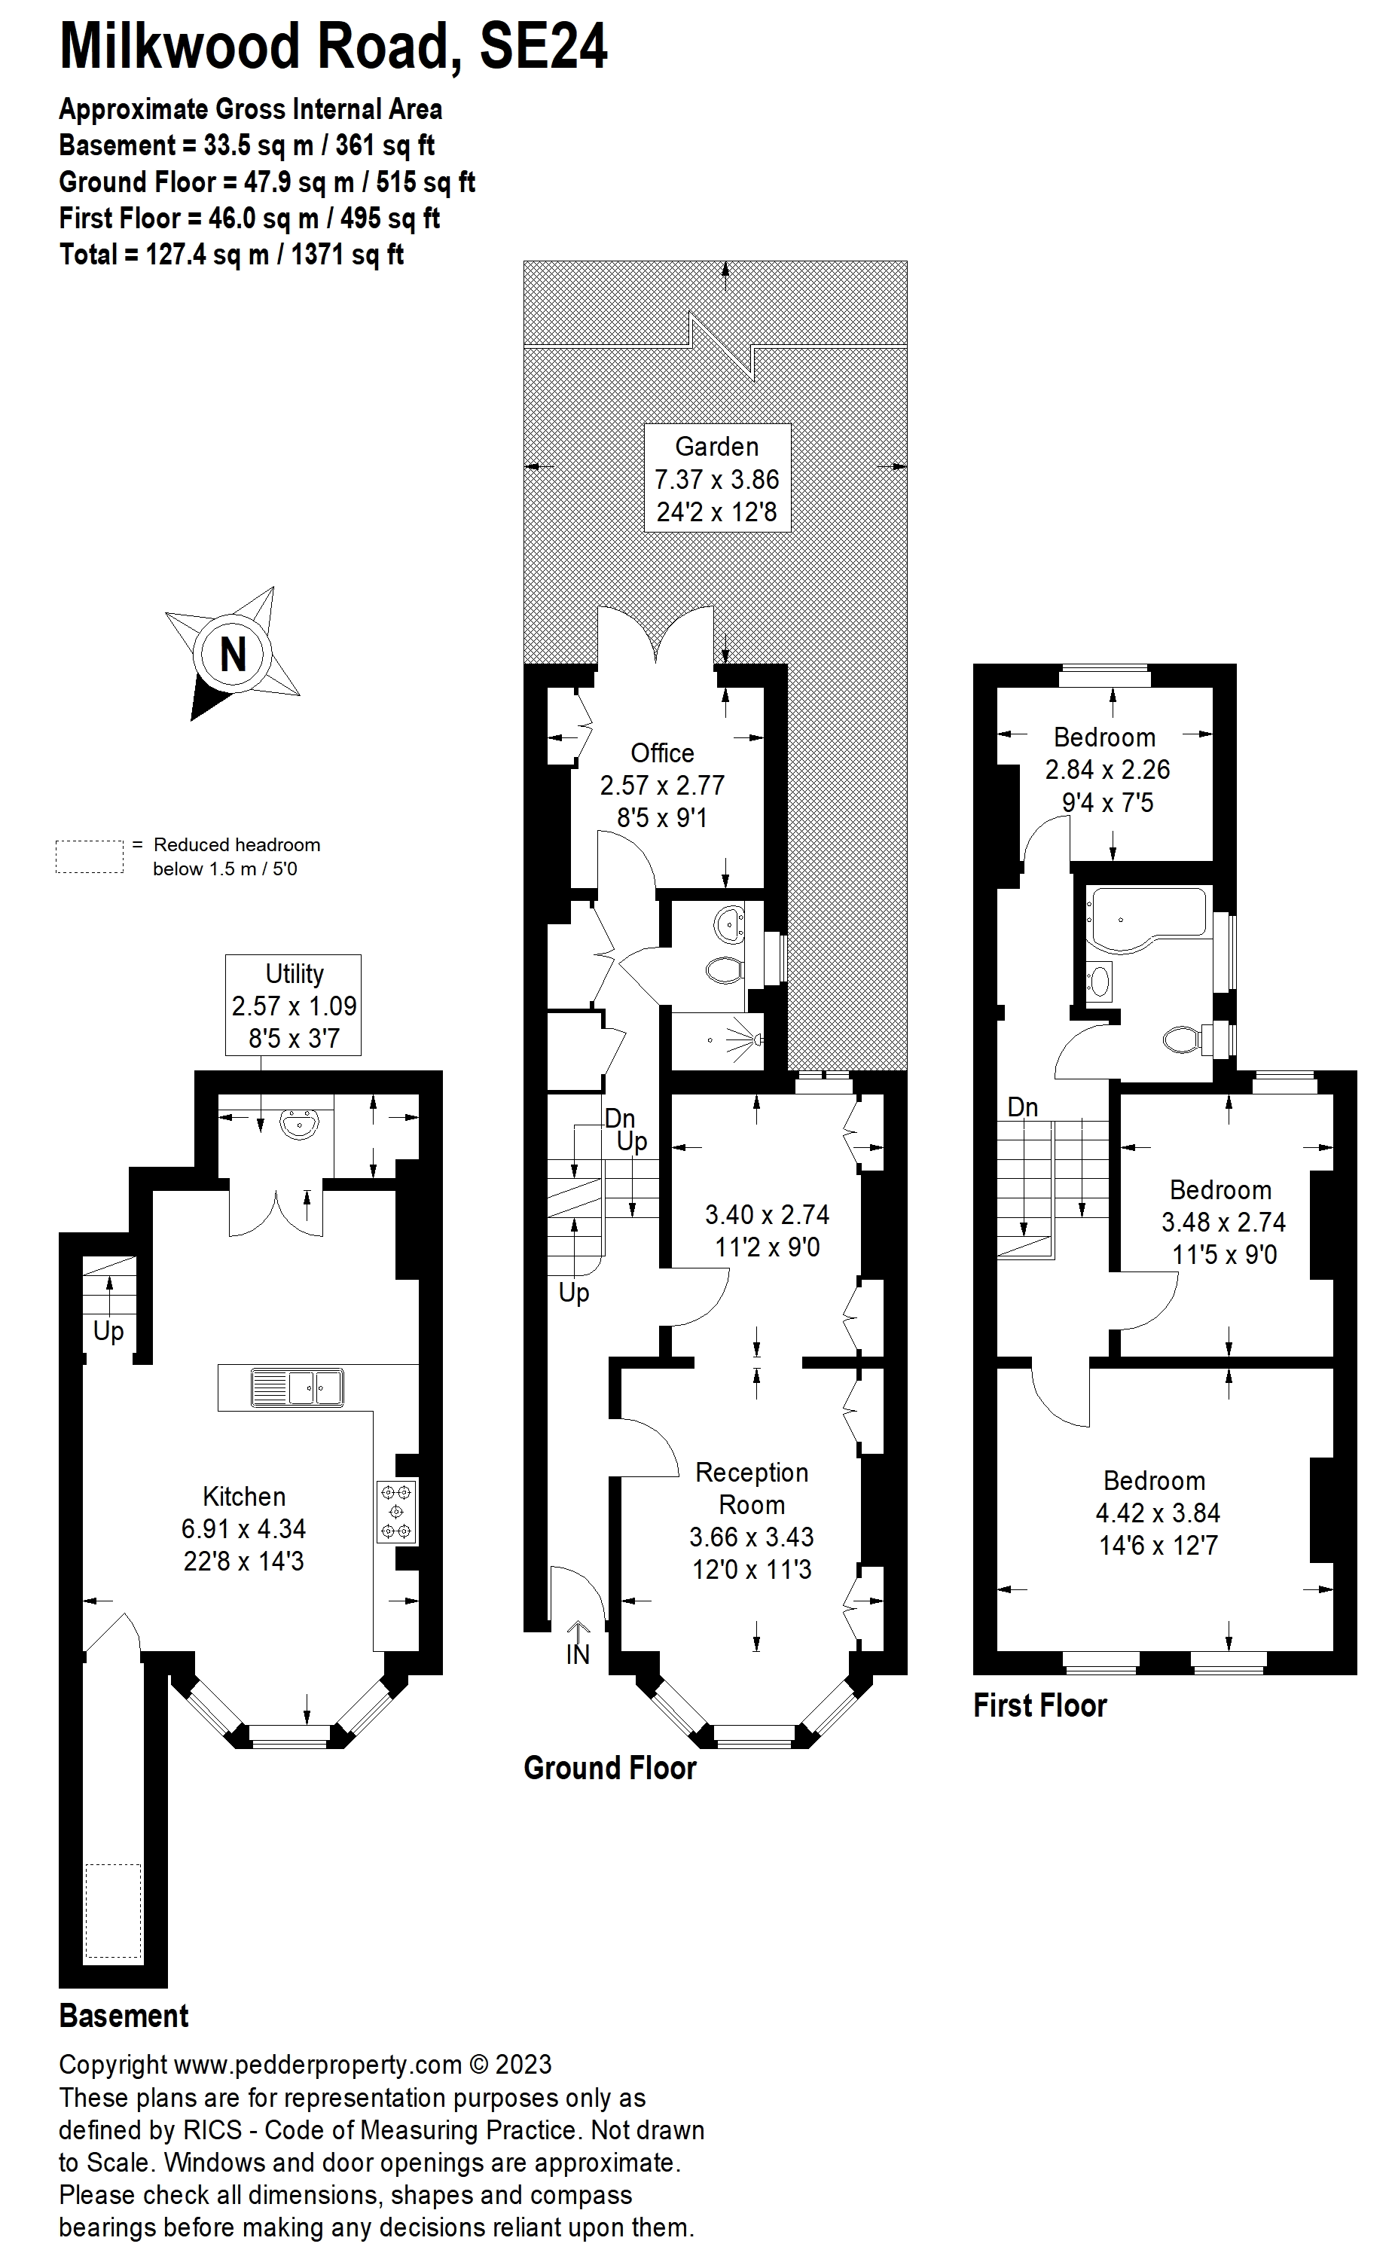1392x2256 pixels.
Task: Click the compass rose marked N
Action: point(233,655)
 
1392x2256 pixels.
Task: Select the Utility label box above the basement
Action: point(294,1005)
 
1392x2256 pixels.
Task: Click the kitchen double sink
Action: point(297,1387)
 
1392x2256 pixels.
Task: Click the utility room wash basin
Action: point(298,1124)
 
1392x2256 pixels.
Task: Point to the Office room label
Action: point(662,753)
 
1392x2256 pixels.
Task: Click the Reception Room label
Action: point(751,1488)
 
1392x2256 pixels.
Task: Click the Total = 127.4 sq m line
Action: point(231,255)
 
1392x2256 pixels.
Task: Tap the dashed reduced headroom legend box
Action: point(90,856)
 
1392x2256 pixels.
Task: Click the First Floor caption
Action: point(1039,1705)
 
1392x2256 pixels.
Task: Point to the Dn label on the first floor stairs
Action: point(1022,1107)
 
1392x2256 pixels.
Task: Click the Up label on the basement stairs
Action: point(108,1331)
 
